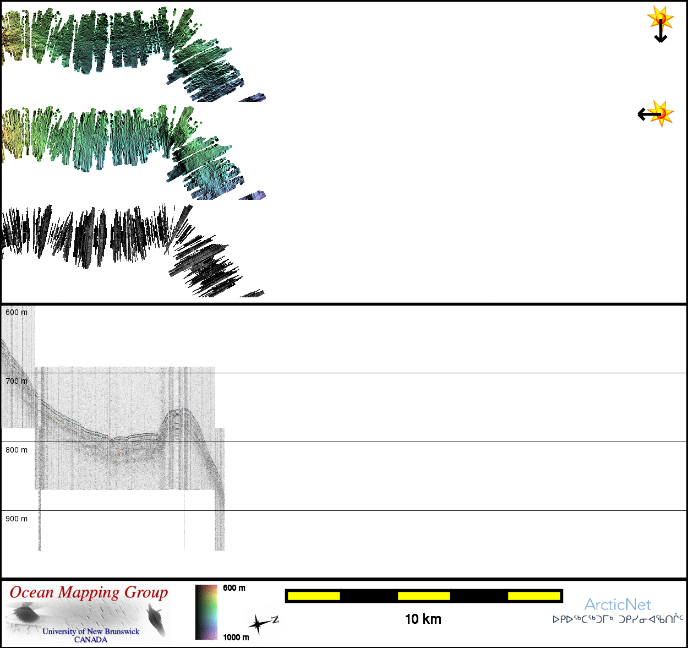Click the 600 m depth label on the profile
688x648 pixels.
(17, 312)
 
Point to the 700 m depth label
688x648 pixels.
(17, 381)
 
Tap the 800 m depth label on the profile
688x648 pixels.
(17, 450)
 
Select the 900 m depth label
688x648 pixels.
(17, 519)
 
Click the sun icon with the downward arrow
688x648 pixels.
(660, 24)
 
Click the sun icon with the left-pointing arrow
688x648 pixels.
(656, 113)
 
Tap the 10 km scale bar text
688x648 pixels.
(423, 619)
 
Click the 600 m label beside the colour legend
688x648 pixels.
(234, 588)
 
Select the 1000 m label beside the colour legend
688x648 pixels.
(236, 637)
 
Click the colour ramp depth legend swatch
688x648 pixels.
(206, 612)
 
